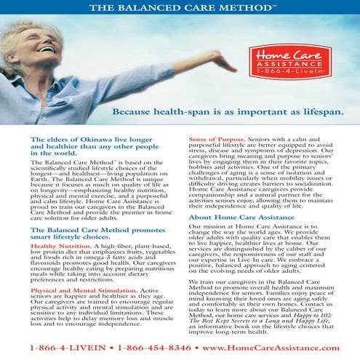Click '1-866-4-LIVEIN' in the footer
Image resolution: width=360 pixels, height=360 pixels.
click(x=53, y=348)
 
